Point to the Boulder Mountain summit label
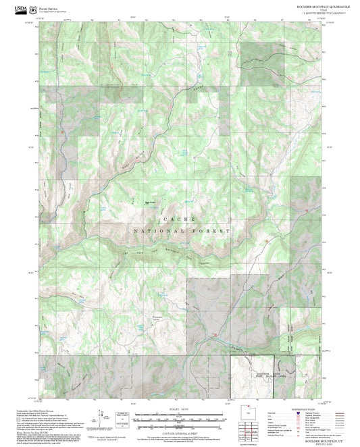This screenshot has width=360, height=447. tap(151, 199)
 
